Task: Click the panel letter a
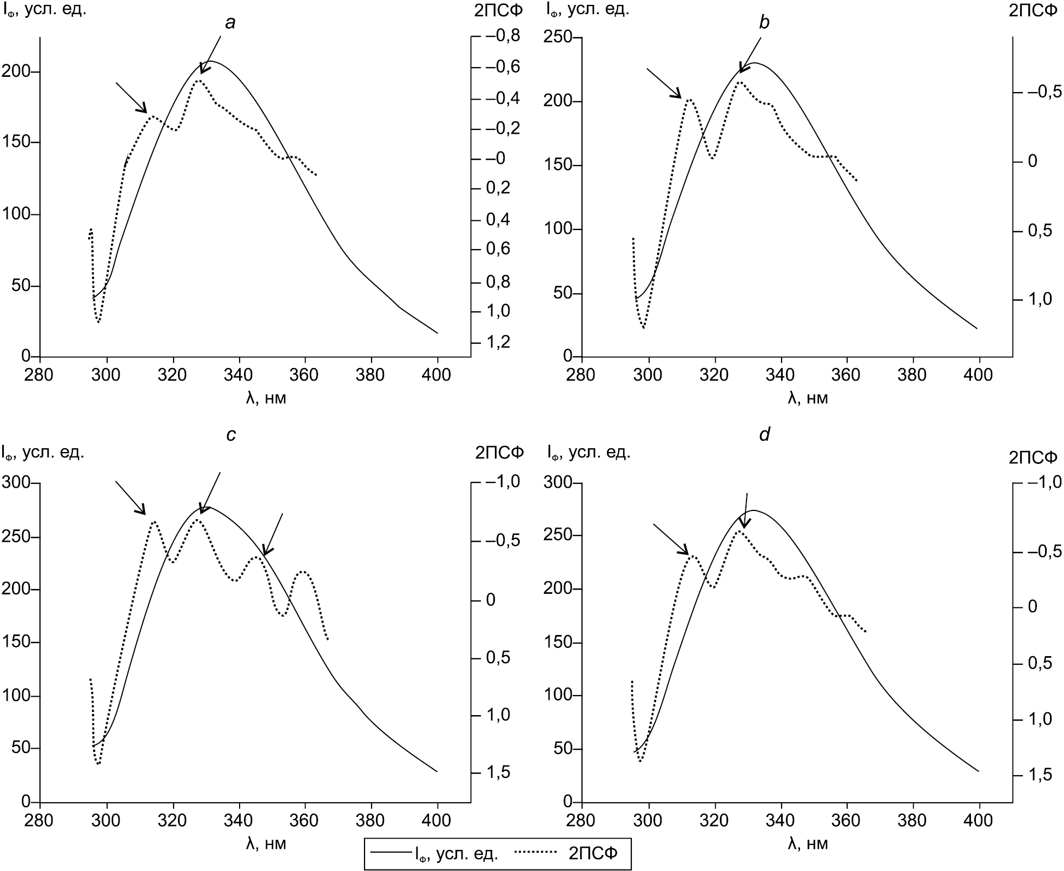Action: tap(231, 22)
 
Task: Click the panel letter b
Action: tap(764, 22)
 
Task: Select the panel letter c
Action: tap(231, 435)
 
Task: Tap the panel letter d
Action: tap(764, 435)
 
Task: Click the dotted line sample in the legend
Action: tap(536, 854)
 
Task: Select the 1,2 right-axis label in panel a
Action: tap(498, 342)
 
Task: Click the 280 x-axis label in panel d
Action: tap(581, 820)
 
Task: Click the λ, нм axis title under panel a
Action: tap(266, 398)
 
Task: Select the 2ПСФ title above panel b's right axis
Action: tap(1033, 10)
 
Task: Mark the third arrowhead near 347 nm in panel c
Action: tap(265, 552)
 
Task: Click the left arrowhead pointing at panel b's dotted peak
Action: tap(678, 96)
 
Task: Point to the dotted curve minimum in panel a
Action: tap(98, 322)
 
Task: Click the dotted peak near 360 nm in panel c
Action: tap(303, 571)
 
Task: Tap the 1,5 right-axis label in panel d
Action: tap(1037, 775)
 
